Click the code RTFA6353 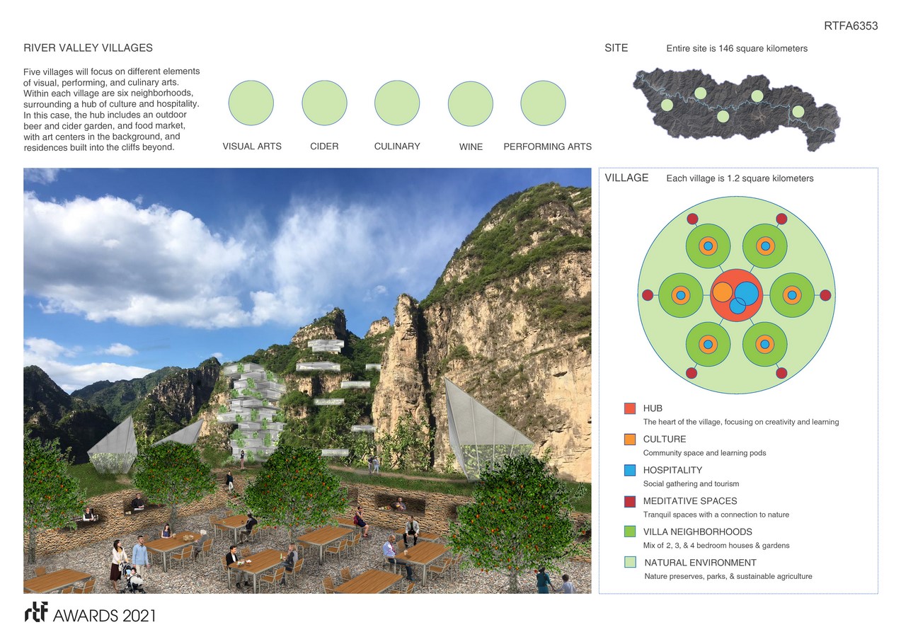pyautogui.click(x=851, y=26)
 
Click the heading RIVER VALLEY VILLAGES pyautogui.click(x=88, y=48)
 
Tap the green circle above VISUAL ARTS pyautogui.click(x=251, y=103)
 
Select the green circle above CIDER pyautogui.click(x=324, y=103)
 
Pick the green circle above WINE pyautogui.click(x=471, y=103)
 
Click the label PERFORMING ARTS pyautogui.click(x=547, y=147)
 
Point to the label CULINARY pyautogui.click(x=397, y=147)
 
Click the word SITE pyautogui.click(x=616, y=48)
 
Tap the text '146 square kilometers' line pyautogui.click(x=736, y=49)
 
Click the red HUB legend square pyautogui.click(x=630, y=408)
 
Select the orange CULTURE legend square pyautogui.click(x=630, y=440)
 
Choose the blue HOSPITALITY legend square pyautogui.click(x=630, y=470)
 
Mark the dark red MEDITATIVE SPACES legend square pyautogui.click(x=630, y=501)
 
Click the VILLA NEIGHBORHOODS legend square pyautogui.click(x=630, y=532)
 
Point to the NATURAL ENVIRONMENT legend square pyautogui.click(x=630, y=563)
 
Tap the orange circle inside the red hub pyautogui.click(x=722, y=292)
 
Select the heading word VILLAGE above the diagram pyautogui.click(x=626, y=178)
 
